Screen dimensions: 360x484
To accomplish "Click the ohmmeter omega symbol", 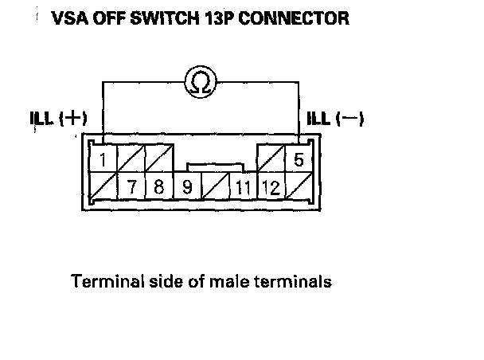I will tap(200, 81).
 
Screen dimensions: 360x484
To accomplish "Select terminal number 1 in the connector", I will tap(104, 159).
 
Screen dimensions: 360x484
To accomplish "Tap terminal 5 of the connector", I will tap(298, 159).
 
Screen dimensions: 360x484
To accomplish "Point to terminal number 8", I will tap(158, 189).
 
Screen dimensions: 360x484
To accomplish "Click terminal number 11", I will tap(242, 189).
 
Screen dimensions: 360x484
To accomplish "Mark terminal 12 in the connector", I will tap(270, 189).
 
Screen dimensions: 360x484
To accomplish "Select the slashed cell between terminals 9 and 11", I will tap(215, 189).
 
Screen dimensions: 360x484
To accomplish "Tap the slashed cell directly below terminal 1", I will tap(104, 189).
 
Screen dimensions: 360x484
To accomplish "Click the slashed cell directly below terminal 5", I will tap(298, 189).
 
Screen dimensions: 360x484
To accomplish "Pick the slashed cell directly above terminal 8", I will tap(159, 159).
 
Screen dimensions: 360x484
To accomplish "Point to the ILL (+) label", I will tap(57, 119).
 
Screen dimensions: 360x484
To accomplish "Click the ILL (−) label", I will tap(335, 119).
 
